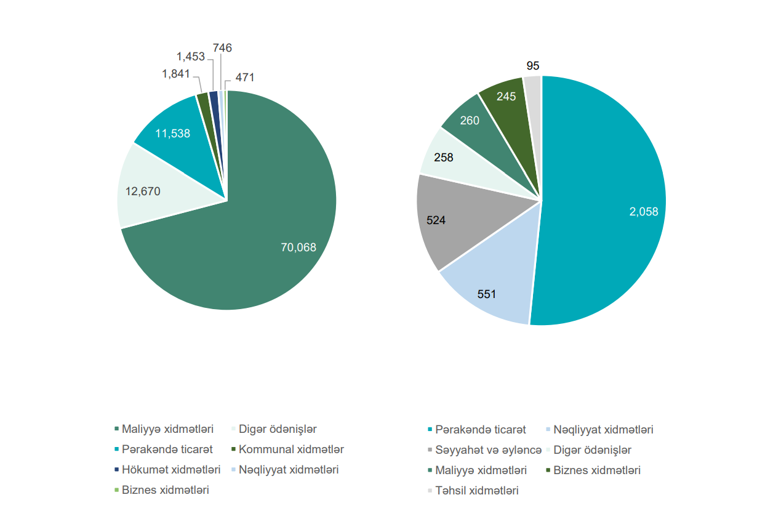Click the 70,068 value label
pos(298,248)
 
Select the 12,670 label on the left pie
pos(143,191)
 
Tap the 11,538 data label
pos(172,133)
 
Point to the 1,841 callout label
pos(176,74)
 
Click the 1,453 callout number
pos(190,57)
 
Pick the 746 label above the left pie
pos(222,47)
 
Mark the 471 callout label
pos(244,78)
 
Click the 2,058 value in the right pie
pos(643,212)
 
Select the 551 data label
pos(487,294)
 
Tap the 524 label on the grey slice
pos(436,220)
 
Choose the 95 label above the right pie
pos(533,66)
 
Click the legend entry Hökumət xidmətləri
pos(170,470)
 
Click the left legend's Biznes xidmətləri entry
pos(165,490)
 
